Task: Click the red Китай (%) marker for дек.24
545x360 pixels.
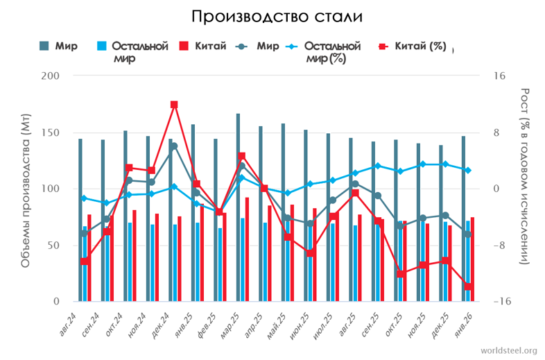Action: (174, 105)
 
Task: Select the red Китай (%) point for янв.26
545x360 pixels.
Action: (469, 286)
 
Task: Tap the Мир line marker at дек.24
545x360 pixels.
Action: (174, 146)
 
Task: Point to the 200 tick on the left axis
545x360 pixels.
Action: (50, 76)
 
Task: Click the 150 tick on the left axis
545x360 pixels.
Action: (50, 132)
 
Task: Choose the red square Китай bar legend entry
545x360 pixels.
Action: (184, 46)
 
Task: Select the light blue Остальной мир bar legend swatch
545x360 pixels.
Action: (101, 46)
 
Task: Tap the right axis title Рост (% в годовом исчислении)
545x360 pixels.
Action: (525, 175)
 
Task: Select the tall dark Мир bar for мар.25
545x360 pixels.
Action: (238, 207)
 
